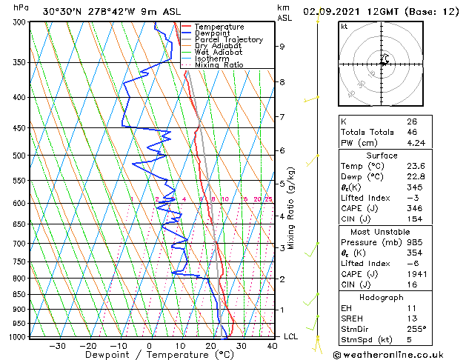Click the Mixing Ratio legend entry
coord(219,64)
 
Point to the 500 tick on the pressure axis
coord(19,156)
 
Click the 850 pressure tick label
coord(19,294)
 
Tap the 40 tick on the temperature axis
coord(272,345)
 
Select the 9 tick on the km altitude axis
coord(282,47)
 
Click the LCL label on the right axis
coord(292,336)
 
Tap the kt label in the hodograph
coord(344,27)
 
